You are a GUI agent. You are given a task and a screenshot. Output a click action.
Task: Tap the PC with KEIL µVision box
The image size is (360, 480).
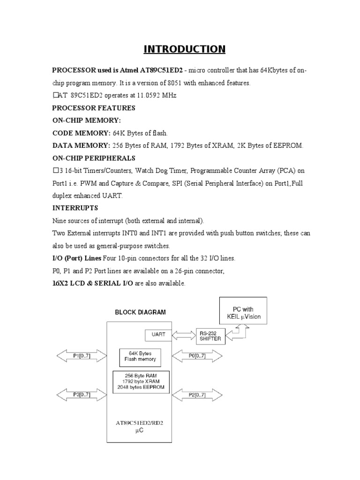243,313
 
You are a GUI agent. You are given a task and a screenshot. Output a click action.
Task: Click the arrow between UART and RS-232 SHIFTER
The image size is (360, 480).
183,335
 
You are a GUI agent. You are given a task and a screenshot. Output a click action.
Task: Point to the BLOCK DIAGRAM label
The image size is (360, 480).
140,312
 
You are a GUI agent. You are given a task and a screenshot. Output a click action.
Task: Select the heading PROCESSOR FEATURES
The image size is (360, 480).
94,108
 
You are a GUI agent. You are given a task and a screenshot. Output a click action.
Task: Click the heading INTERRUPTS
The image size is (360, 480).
75,208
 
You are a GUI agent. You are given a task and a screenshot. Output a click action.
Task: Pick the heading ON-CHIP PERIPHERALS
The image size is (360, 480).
94,158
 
